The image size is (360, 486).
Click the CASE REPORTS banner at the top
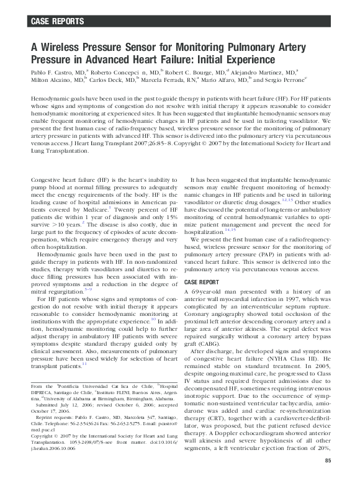click(x=57, y=22)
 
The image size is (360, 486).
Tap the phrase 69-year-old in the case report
click(x=207, y=291)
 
